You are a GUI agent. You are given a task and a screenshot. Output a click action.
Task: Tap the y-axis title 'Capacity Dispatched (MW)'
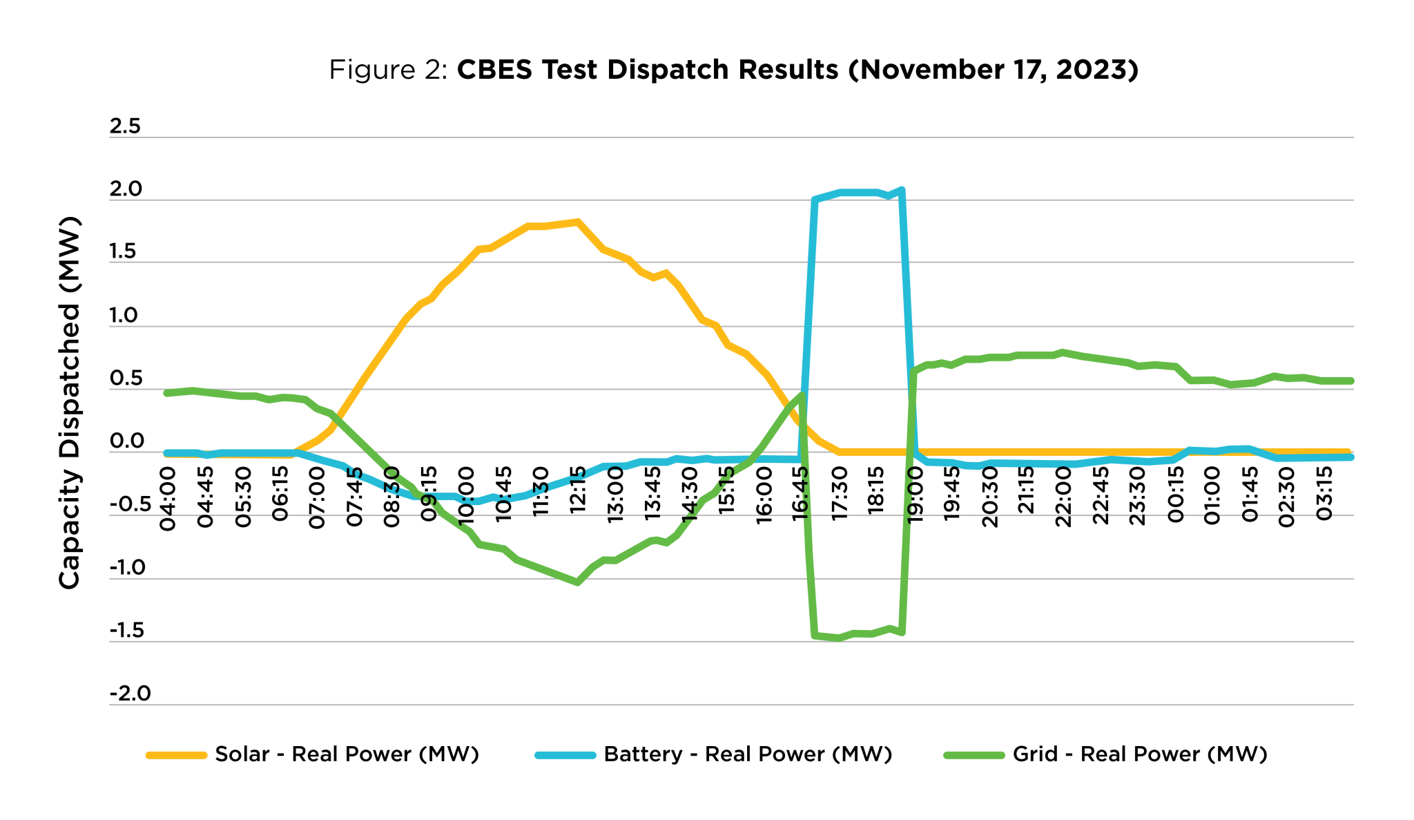point(69,403)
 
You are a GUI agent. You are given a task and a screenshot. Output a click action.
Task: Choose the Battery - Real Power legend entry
point(714,754)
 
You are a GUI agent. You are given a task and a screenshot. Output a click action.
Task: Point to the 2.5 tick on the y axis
point(125,126)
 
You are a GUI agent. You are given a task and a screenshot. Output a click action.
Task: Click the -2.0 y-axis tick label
point(130,694)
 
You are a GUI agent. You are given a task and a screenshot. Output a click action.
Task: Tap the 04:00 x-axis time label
point(168,499)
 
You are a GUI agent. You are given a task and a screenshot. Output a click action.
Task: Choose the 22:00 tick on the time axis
point(1063,497)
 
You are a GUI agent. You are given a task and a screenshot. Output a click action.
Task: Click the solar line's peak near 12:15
point(578,222)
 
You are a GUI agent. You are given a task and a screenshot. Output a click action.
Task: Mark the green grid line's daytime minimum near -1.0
point(577,582)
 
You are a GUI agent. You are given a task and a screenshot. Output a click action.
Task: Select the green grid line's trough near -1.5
point(839,638)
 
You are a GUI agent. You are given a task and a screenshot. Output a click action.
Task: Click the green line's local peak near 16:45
point(802,394)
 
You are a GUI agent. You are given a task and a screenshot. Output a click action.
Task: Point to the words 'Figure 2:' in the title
point(389,70)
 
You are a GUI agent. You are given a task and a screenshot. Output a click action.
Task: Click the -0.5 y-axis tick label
point(130,504)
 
